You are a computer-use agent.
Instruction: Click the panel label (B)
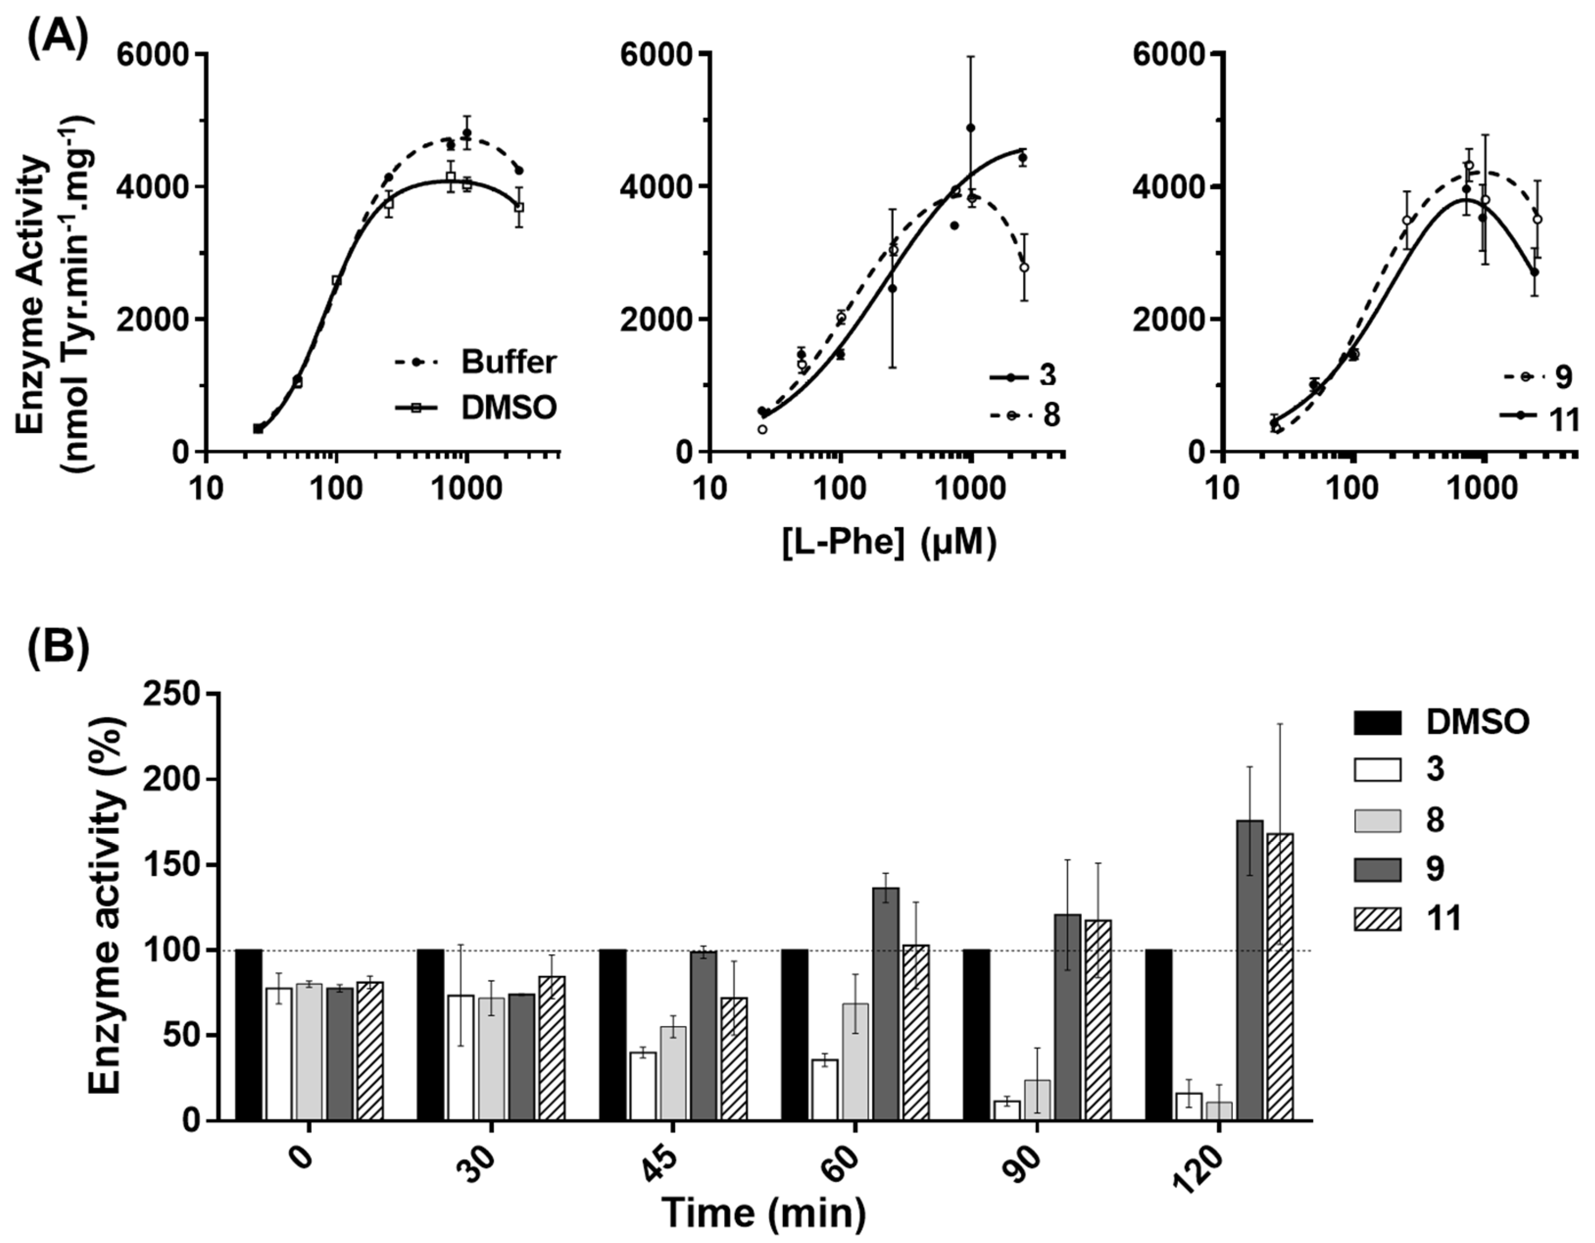coord(58,646)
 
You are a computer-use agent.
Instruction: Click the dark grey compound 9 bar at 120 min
coord(1251,971)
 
